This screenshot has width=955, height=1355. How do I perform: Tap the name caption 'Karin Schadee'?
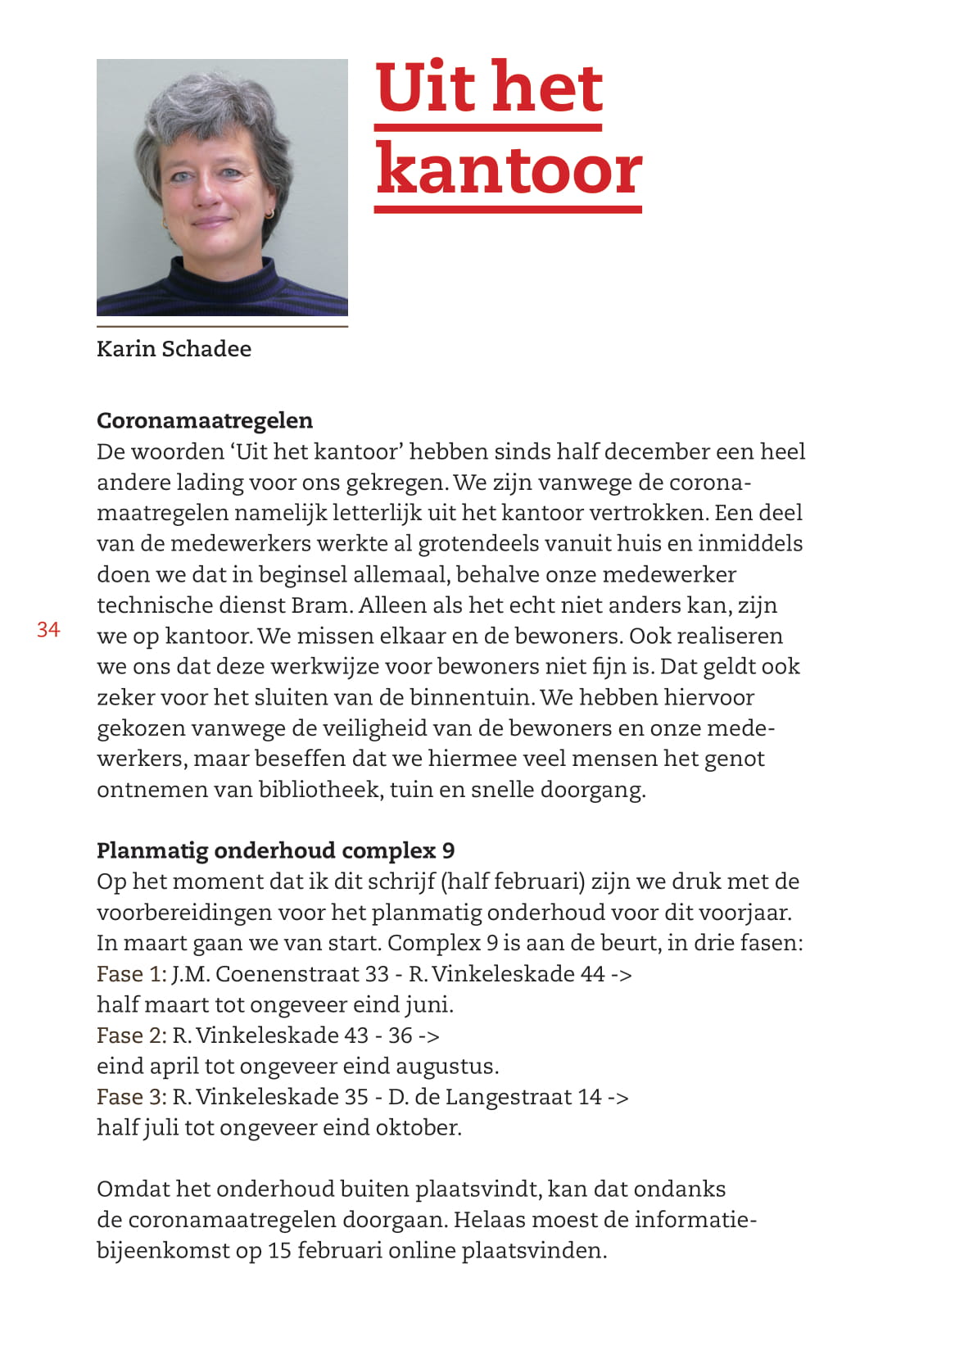click(174, 349)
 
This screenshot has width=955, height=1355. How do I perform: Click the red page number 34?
click(48, 629)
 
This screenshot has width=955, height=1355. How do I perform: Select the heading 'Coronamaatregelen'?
click(205, 420)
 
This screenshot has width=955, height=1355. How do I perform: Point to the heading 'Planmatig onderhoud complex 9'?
click(275, 850)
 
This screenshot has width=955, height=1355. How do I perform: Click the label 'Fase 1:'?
click(131, 974)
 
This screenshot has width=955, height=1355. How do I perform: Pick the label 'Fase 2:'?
click(131, 1036)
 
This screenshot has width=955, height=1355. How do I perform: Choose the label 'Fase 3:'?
click(131, 1097)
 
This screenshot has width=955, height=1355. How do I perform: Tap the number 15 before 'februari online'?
click(279, 1251)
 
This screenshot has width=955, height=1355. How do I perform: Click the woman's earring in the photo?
click(268, 214)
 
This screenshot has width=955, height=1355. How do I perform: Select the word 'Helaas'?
click(489, 1220)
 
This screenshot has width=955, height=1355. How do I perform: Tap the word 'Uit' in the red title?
click(424, 88)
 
